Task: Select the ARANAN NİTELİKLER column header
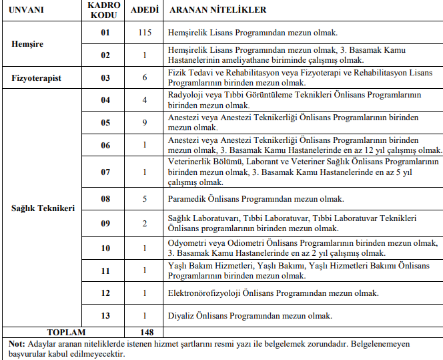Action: (218, 10)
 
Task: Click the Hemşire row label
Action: (27, 44)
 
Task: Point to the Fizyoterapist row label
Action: (37, 77)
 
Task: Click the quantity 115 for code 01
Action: (145, 32)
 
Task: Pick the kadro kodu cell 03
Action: (105, 77)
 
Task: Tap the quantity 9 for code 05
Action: (145, 122)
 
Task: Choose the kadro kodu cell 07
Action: (105, 172)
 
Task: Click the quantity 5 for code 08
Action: (145, 198)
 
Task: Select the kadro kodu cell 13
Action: (105, 315)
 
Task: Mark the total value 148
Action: (147, 332)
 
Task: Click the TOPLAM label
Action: (67, 332)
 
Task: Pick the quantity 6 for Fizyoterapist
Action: (145, 77)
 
